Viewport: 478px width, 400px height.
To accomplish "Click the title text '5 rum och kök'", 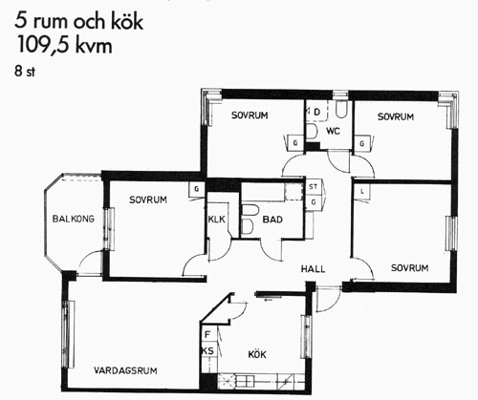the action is (78, 21).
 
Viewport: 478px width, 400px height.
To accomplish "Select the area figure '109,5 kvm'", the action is (64, 45).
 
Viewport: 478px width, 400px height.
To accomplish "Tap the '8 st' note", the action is (25, 71).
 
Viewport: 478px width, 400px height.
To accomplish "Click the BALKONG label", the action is (74, 219).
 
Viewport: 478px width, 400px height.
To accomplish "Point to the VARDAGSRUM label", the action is (125, 370).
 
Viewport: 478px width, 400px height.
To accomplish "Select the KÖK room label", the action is (257, 354).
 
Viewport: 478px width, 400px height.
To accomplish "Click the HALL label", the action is (314, 269).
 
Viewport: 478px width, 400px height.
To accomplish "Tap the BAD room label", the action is (272, 220).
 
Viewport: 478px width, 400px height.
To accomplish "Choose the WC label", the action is (333, 131).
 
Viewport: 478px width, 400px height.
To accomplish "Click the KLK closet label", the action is (217, 220).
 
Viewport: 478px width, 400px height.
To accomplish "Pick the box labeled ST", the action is (314, 187).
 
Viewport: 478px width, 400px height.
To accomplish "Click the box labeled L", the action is (362, 192).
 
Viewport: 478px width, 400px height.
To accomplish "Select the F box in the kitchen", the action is (207, 335).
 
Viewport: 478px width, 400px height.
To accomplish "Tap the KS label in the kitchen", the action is (207, 351).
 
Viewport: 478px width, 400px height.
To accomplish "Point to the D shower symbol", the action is (316, 112).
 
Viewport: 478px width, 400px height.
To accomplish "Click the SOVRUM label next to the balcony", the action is (148, 200).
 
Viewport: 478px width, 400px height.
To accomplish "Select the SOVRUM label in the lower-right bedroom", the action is (409, 268).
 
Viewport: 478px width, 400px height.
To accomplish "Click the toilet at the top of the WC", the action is (340, 110).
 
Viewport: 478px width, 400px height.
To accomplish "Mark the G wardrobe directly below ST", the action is (314, 201).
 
